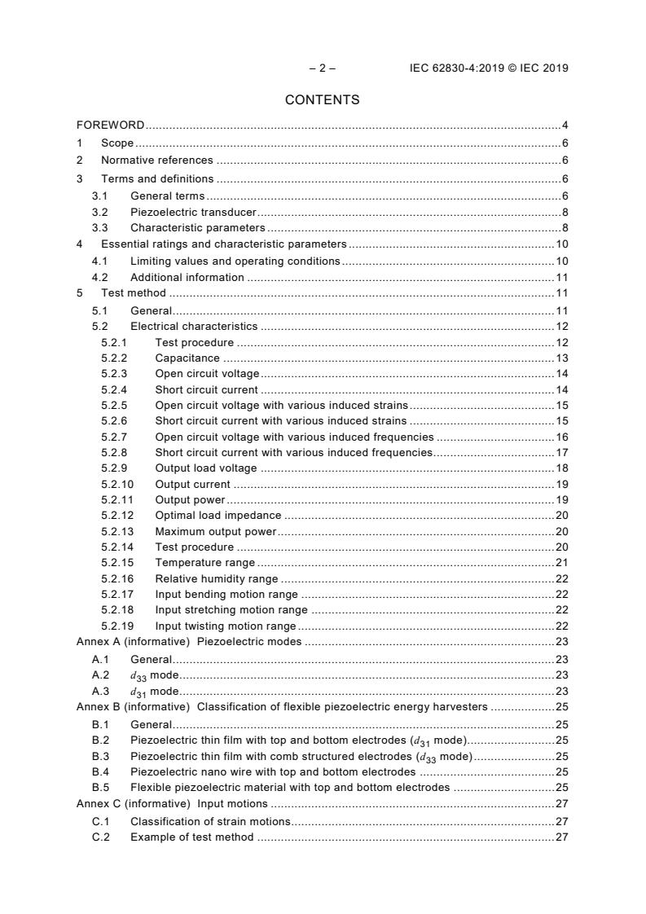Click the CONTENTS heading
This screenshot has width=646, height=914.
click(x=322, y=100)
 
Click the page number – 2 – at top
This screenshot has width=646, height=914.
click(x=322, y=68)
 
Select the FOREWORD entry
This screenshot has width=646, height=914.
click(x=111, y=125)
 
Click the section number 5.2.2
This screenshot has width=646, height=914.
click(x=115, y=358)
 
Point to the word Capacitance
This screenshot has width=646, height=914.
click(x=187, y=358)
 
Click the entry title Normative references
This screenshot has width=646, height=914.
click(x=156, y=160)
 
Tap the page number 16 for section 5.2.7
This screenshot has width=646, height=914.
click(x=561, y=437)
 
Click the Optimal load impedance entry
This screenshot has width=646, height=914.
click(x=218, y=516)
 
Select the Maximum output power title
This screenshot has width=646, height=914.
click(x=216, y=531)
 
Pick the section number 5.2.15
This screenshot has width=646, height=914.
click(x=117, y=563)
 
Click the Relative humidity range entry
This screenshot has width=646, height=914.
click(x=216, y=579)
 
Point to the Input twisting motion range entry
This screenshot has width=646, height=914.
click(x=226, y=626)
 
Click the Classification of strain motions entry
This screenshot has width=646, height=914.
click(x=210, y=821)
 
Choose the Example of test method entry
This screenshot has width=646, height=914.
click(x=191, y=837)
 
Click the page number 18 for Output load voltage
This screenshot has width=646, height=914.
click(x=561, y=468)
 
